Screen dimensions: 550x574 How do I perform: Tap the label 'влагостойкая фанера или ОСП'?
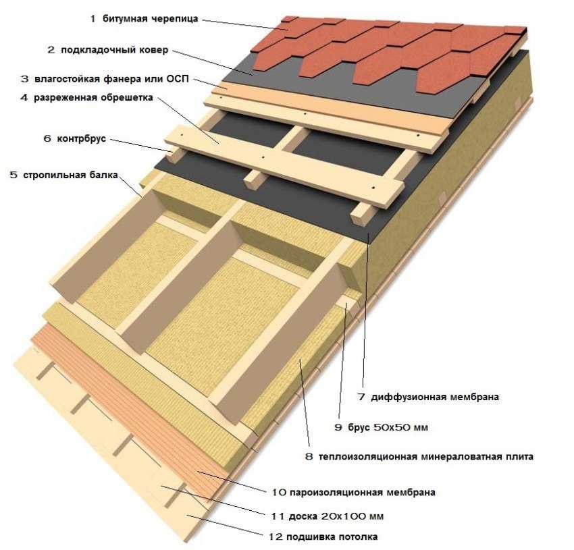pos(111,80)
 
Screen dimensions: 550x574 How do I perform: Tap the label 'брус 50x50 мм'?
pos(388,427)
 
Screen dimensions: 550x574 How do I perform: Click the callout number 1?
pos(93,19)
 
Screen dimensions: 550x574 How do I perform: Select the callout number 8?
pos(309,457)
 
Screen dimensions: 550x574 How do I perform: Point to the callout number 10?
pos(276,492)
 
